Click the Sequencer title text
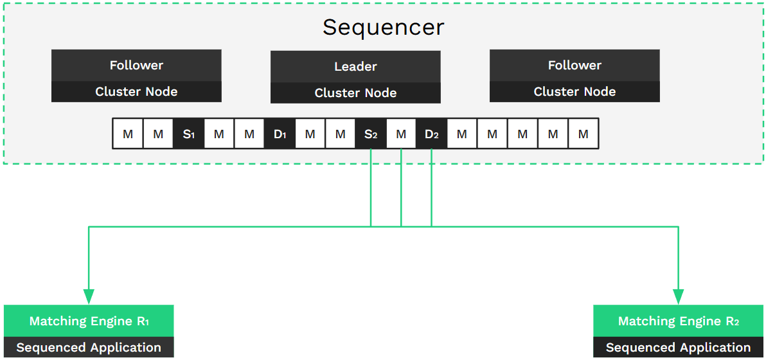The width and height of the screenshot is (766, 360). coord(383,27)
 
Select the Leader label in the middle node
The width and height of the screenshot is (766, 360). coord(355,66)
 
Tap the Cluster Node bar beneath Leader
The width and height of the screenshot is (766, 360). coord(355,93)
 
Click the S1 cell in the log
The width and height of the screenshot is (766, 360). coord(188,134)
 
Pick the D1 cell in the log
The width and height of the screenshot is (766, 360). coord(280,134)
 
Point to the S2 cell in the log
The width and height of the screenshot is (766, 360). coord(371,134)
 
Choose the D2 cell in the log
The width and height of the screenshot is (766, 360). coord(431,134)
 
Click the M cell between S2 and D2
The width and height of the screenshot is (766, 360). coord(401,134)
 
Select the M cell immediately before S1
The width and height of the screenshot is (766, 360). coord(158,134)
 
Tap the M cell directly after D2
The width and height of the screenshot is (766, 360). coord(461,134)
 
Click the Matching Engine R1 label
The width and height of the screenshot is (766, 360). coord(89,321)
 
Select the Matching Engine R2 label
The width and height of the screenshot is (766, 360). coord(678,321)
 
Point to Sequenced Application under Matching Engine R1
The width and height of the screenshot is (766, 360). coord(89,348)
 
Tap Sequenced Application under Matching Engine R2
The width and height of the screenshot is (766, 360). coord(678,348)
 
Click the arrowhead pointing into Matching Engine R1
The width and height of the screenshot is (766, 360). coord(89,296)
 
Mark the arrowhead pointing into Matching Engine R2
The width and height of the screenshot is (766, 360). coord(678,296)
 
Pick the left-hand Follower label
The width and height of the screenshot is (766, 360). coord(136,65)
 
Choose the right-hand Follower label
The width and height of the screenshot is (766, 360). coord(574,65)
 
